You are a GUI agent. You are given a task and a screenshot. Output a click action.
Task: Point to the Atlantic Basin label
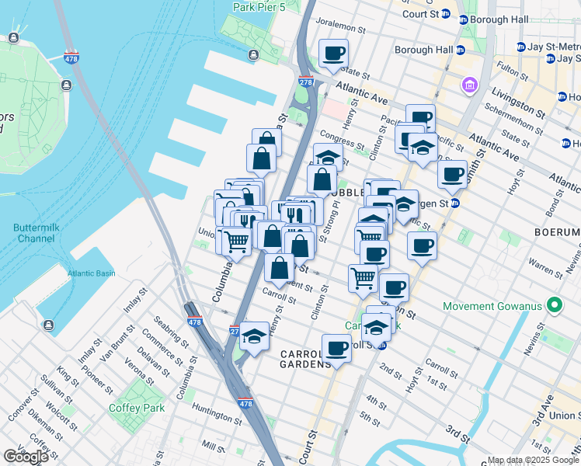click(90, 273)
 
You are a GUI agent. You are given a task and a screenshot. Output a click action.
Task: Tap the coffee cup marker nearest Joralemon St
click(333, 54)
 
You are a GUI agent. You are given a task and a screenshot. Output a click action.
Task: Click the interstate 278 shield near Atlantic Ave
click(305, 82)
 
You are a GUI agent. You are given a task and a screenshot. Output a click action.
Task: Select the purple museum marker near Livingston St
click(470, 84)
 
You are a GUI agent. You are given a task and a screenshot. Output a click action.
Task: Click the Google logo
click(26, 457)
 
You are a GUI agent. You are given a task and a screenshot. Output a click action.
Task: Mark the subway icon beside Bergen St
click(455, 203)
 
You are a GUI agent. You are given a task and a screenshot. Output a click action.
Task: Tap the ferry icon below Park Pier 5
click(253, 54)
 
